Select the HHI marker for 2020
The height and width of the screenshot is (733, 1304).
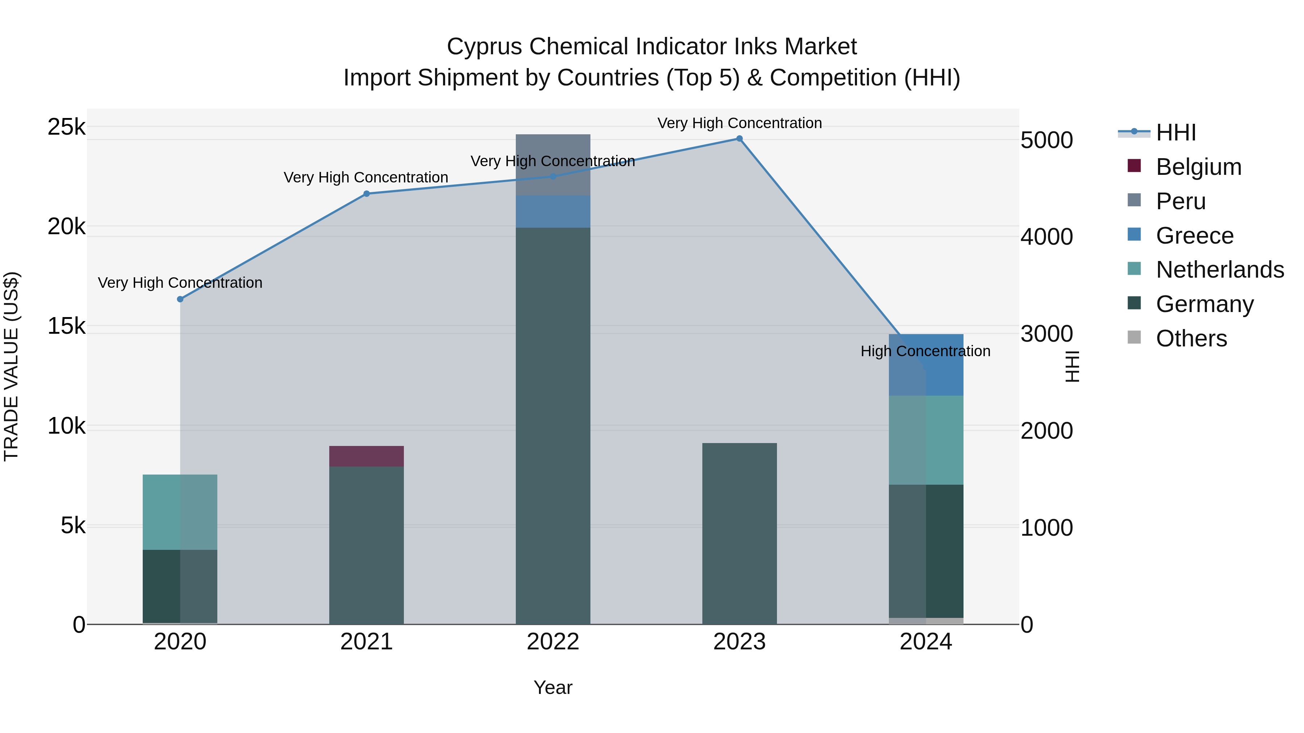click(x=180, y=299)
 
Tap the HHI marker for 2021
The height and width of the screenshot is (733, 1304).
click(x=367, y=194)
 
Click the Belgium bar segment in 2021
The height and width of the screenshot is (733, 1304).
click(x=367, y=456)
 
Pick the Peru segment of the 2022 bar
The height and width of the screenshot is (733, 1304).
click(x=553, y=165)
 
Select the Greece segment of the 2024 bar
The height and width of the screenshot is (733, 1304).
click(x=926, y=365)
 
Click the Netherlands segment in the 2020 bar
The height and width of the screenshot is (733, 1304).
click(x=180, y=512)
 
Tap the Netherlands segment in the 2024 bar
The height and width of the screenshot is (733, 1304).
click(x=926, y=440)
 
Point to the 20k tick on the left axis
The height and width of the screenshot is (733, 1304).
click(x=67, y=227)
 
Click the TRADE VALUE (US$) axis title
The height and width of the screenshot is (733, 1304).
click(x=11, y=366)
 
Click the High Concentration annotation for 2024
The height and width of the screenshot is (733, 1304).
click(x=925, y=351)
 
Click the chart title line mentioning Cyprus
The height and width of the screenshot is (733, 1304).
click(x=652, y=47)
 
